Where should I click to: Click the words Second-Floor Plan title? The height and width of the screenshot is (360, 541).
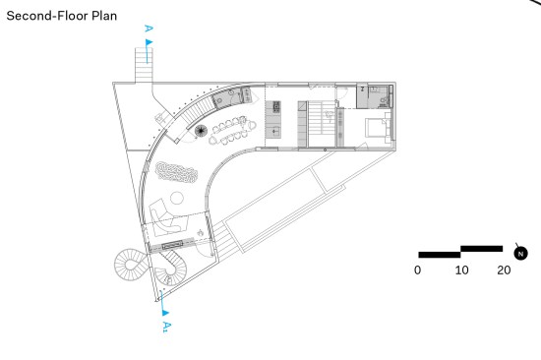[x=62, y=16]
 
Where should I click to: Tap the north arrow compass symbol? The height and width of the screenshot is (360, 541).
[x=520, y=253]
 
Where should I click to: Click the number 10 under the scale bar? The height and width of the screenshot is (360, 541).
[x=461, y=270]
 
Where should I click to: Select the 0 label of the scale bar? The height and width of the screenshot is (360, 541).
[x=417, y=270]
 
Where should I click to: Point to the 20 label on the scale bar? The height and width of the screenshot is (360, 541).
[x=504, y=270]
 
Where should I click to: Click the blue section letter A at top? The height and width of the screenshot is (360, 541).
[x=149, y=29]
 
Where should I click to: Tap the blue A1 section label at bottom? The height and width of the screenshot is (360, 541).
[x=166, y=327]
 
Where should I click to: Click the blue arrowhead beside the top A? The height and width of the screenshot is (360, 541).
[x=150, y=42]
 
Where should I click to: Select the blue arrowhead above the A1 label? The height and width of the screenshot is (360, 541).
[x=165, y=313]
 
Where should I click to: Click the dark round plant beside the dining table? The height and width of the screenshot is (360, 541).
[x=201, y=131]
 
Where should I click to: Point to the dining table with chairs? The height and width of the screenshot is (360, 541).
[x=232, y=130]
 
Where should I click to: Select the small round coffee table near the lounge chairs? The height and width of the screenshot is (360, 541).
[x=177, y=198]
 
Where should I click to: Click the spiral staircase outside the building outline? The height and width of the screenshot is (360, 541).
[x=132, y=265]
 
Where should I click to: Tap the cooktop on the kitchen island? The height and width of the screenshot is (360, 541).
[x=276, y=107]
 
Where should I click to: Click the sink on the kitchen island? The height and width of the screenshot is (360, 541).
[x=274, y=132]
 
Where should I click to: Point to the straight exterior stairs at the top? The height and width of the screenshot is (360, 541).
[x=144, y=65]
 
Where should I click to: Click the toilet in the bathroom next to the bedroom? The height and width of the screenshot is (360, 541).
[x=383, y=100]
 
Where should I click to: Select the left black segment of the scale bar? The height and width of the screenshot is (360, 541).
[x=440, y=255]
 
